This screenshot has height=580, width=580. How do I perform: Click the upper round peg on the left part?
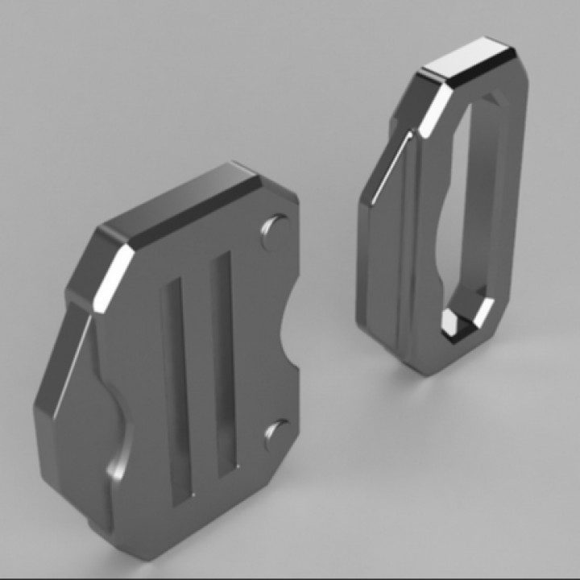coord(275,229)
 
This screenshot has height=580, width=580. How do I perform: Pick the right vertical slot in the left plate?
coord(223,362)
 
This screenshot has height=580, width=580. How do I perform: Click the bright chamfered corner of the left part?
coord(113,278)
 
